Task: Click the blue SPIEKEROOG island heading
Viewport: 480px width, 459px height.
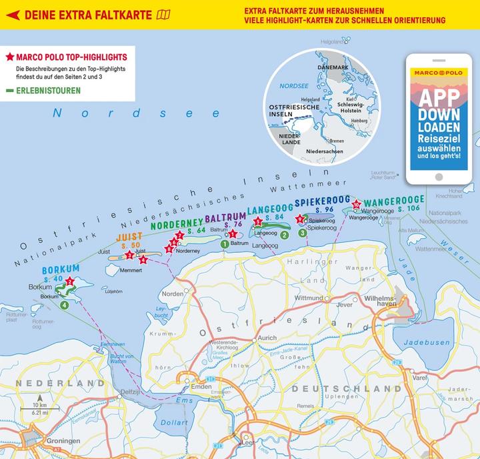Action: (x=323, y=201)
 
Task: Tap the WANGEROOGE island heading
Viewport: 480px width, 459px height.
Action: (x=394, y=199)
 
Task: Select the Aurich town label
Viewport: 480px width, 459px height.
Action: (x=267, y=338)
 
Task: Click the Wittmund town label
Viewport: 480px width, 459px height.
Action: (x=309, y=298)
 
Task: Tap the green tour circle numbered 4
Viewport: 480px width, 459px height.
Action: (x=64, y=306)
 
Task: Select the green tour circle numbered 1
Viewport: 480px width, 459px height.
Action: (x=225, y=244)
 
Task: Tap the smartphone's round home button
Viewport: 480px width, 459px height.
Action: (x=438, y=177)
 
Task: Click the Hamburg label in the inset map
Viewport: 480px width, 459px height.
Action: (x=358, y=121)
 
